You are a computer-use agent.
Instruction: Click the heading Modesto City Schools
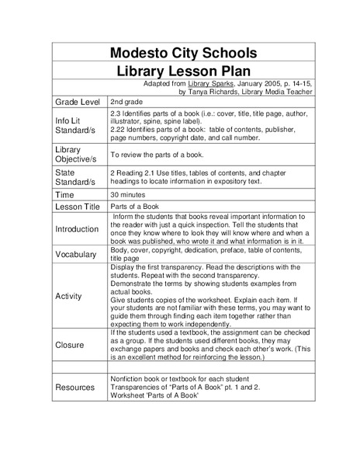(x=180, y=53)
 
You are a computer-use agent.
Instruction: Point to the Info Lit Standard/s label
(x=77, y=127)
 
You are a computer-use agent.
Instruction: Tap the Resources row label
(x=78, y=386)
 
